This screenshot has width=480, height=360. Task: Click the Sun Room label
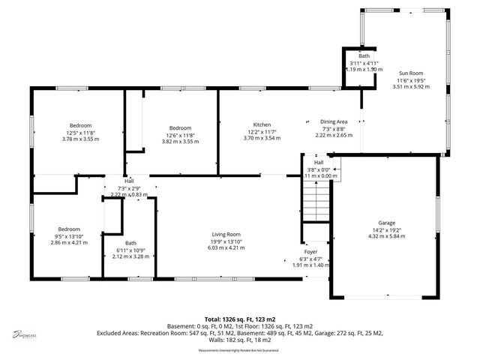[x=409, y=73]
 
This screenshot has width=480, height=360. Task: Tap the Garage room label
[x=386, y=223]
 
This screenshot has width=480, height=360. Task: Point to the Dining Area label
[x=333, y=121]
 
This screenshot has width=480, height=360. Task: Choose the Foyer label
[x=310, y=252]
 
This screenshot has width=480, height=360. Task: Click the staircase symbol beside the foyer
[x=316, y=201]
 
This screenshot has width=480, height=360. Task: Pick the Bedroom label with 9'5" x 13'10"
[x=64, y=229]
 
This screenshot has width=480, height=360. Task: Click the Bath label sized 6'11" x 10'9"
[x=130, y=243]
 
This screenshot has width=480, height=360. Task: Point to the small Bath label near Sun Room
[x=364, y=56]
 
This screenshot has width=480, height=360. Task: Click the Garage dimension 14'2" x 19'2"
[x=386, y=229]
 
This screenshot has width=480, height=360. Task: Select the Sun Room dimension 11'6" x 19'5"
[x=409, y=80]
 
